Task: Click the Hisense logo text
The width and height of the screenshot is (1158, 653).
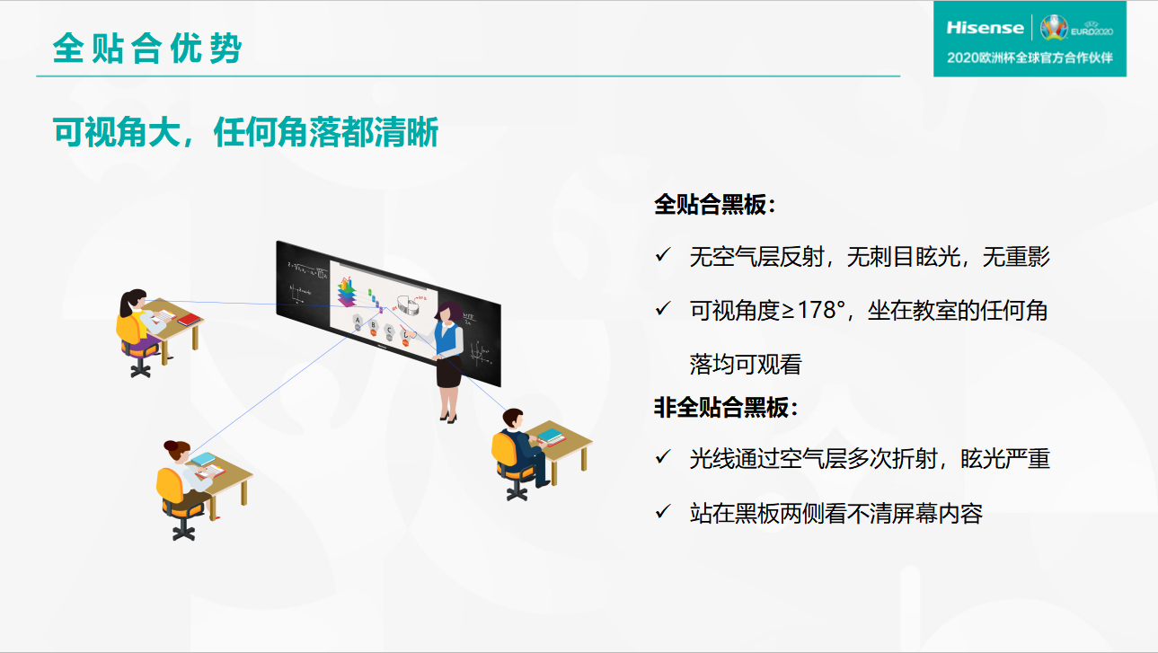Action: coord(985,28)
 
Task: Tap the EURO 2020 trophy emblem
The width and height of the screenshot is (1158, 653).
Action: coord(1054,28)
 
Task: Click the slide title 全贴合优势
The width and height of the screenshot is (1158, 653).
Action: coord(147,49)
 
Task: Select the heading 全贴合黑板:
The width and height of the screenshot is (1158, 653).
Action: coord(715,205)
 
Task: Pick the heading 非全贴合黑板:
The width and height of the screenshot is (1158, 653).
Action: coord(727,408)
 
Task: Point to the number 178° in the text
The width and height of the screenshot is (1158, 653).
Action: coord(821,310)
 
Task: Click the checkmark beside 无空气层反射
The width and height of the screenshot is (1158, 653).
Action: coord(663,255)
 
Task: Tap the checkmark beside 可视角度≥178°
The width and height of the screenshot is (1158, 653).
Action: coord(663,309)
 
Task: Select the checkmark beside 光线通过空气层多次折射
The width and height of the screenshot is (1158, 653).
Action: coord(663,457)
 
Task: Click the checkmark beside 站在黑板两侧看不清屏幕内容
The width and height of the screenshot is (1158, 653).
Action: coord(663,511)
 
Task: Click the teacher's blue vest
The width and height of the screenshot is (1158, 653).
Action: coord(446,339)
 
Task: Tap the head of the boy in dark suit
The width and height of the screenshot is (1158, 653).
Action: coord(513,418)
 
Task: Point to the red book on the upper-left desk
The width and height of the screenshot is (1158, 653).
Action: coord(189,320)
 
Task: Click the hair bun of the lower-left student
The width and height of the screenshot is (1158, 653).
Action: coord(171,446)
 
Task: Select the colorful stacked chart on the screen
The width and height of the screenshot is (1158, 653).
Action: coord(348,292)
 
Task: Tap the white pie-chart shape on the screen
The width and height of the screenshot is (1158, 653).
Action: coord(410,305)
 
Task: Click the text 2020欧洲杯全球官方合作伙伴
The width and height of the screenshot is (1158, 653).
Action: coord(1030,57)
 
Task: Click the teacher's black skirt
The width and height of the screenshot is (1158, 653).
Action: coord(449,371)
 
